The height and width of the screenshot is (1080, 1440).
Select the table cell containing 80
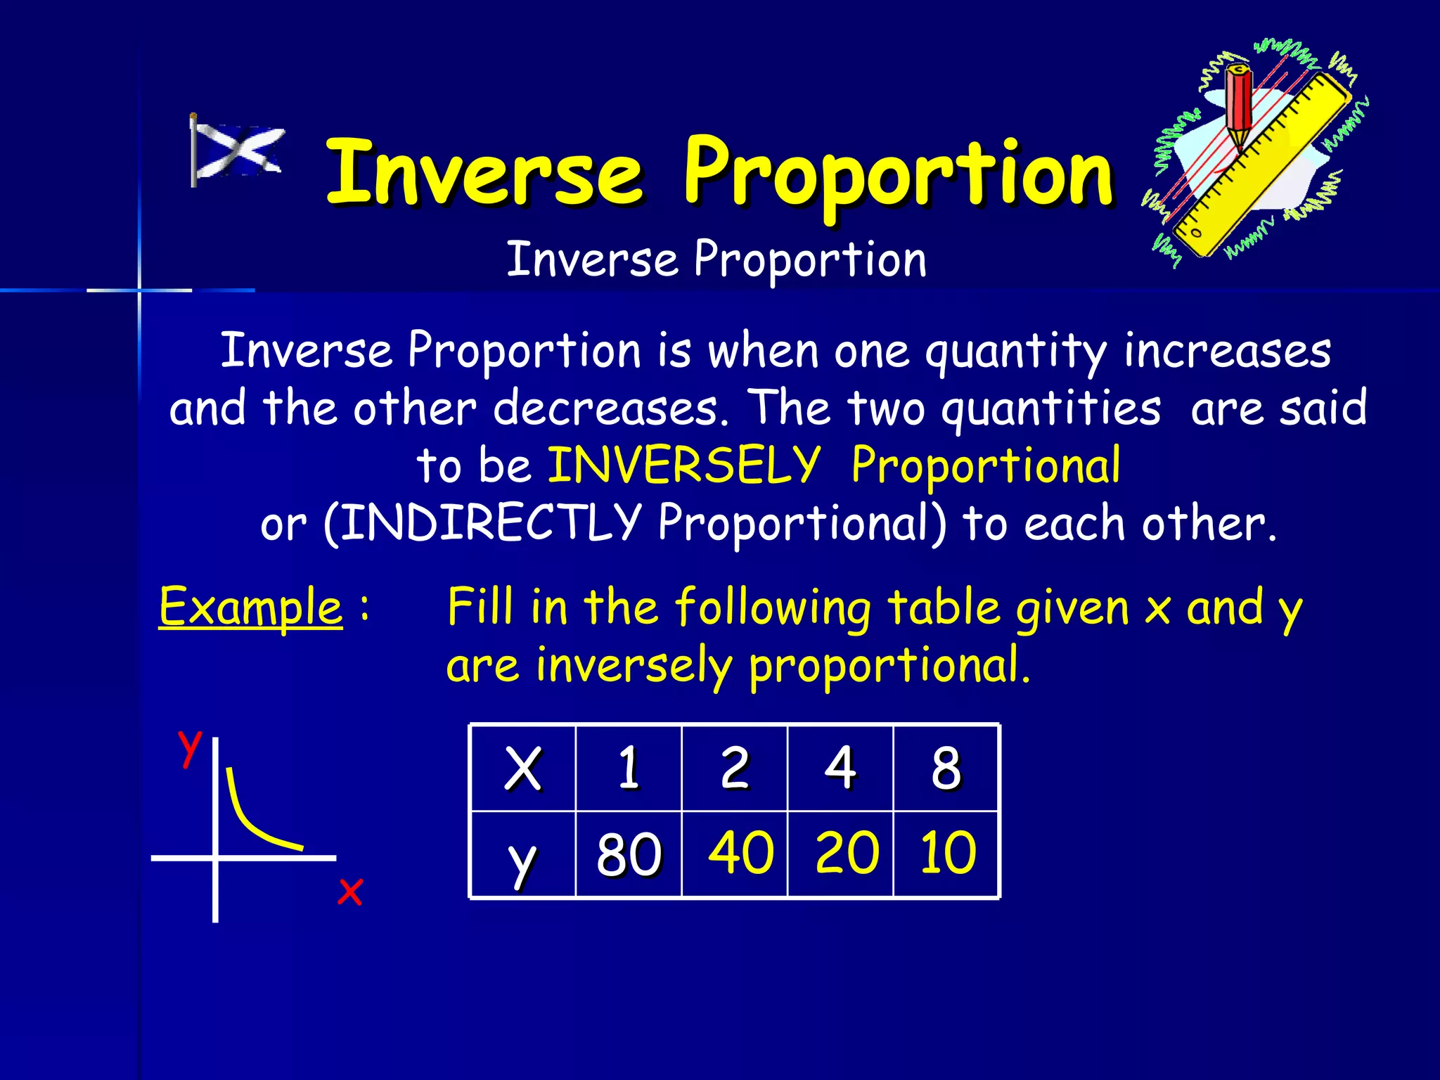pos(629,854)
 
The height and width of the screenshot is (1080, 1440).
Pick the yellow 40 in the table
pos(740,852)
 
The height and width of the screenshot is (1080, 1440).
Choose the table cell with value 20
pos(847,852)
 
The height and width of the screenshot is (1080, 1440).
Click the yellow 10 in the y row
pos(948,852)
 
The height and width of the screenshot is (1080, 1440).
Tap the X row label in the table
pos(523,768)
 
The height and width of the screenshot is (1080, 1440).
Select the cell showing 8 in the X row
pos(946,768)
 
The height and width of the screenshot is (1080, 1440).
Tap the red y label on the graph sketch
pos(189,747)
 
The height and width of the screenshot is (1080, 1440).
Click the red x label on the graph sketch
pos(349,892)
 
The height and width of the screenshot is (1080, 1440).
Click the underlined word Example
pos(250,607)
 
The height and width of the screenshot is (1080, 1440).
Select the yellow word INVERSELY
pos(683,465)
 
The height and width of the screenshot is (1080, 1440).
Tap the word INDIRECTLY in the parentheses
pos(490,522)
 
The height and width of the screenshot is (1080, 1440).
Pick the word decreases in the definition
pos(610,408)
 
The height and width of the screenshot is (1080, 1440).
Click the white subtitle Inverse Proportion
pos(716,259)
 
